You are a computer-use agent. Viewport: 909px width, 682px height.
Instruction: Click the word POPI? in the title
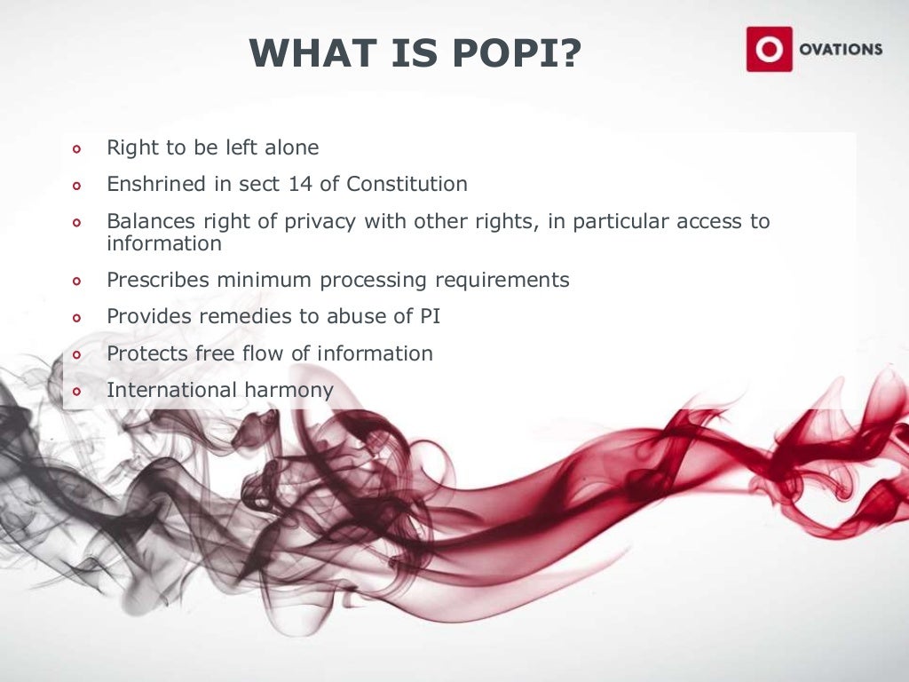[x=515, y=53]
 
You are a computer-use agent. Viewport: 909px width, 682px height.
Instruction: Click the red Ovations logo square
[x=768, y=49]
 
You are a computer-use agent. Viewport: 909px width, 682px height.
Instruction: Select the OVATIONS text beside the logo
[x=839, y=50]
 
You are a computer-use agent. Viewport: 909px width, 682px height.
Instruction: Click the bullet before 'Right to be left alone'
[x=76, y=149]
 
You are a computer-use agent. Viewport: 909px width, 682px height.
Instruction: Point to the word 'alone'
[x=291, y=147]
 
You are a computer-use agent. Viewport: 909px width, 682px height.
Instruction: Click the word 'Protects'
[x=143, y=353]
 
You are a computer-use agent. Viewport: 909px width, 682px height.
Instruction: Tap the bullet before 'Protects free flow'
[x=76, y=354]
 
